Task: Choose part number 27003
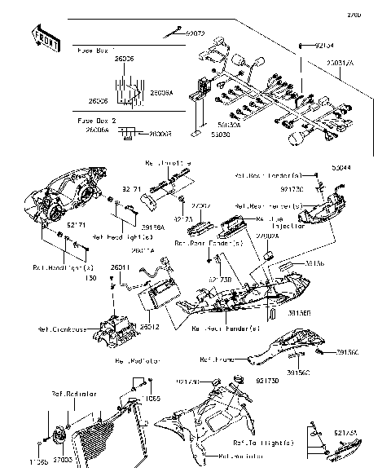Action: pyautogui.click(x=63, y=461)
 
